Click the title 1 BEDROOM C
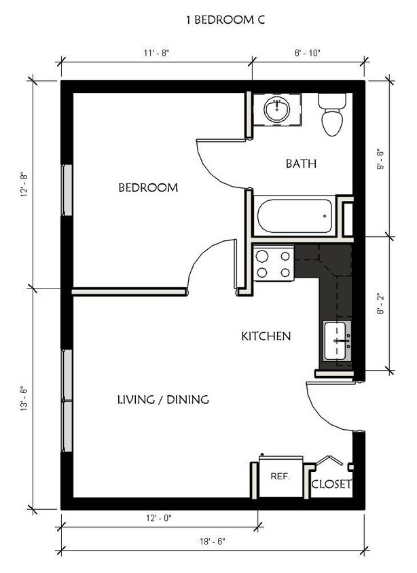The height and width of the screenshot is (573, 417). point(225,20)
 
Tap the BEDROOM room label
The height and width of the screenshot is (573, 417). point(148,187)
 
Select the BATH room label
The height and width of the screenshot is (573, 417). point(301,164)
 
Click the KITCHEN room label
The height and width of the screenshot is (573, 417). point(266,336)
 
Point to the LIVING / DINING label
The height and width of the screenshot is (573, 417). point(163,399)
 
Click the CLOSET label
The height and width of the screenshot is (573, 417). point(331,484)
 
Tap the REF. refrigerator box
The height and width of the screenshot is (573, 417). point(280,477)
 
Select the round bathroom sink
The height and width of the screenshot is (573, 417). point(277,109)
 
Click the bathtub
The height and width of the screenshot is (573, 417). point(294,216)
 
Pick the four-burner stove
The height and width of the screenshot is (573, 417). point(273,263)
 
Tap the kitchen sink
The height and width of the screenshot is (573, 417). point(338,341)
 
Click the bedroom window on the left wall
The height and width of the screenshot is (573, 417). point(67,190)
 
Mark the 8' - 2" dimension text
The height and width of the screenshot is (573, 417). point(382,303)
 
